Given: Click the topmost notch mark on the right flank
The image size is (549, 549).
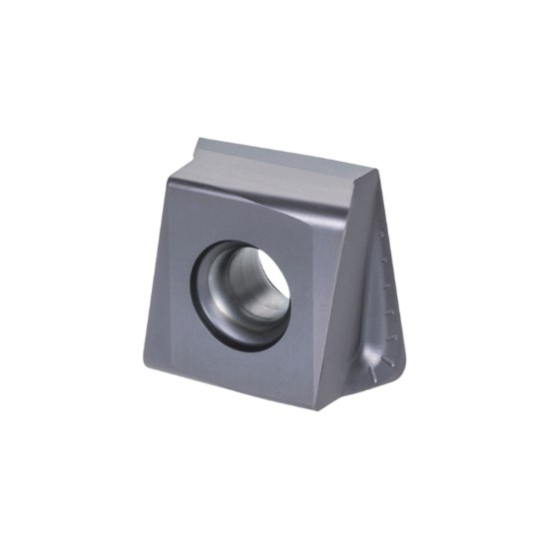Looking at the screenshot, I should pyautogui.click(x=381, y=235).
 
